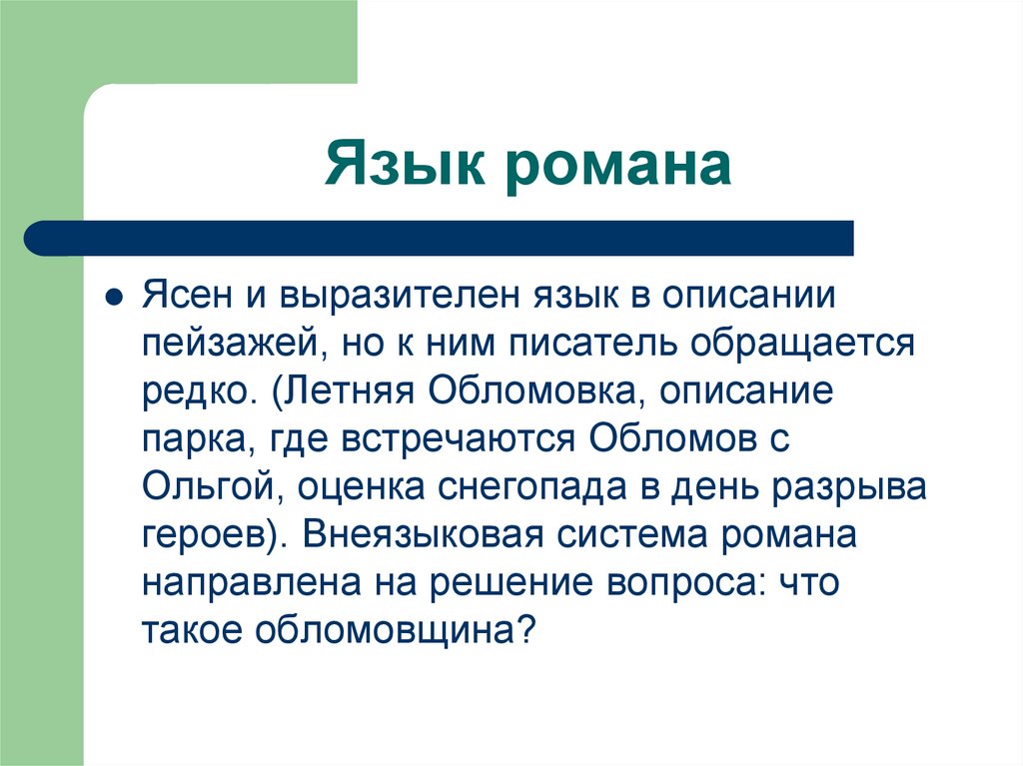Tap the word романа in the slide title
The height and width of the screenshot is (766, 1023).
622,166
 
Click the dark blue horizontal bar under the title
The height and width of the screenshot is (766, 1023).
440,239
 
